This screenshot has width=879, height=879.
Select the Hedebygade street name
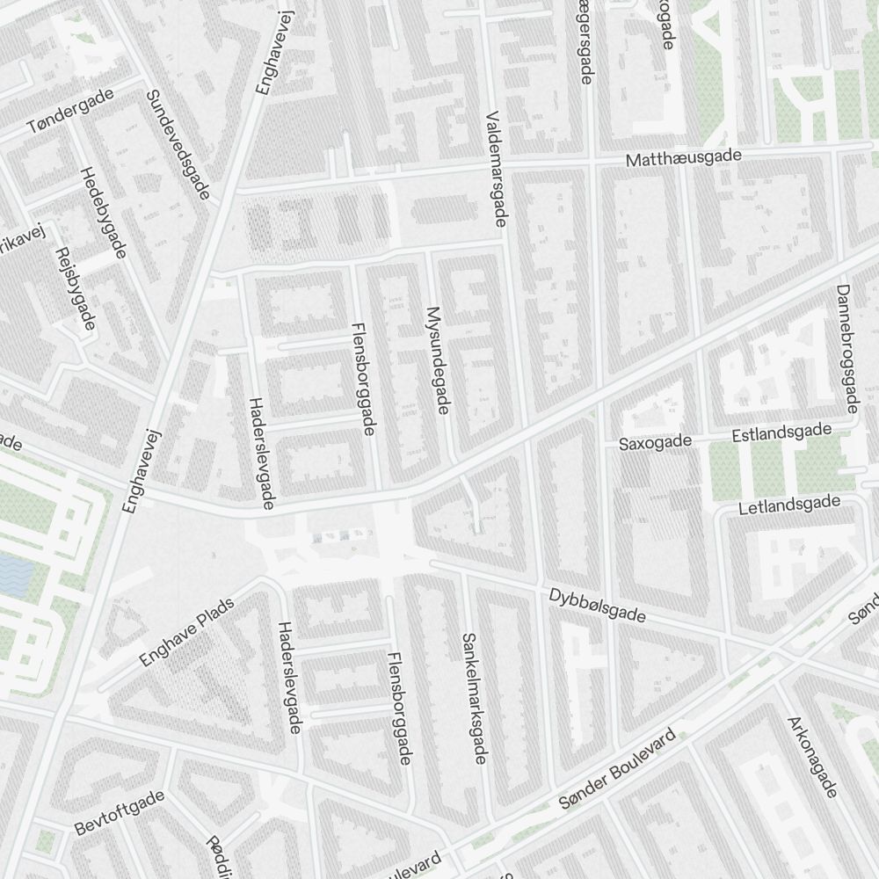[x=104, y=212]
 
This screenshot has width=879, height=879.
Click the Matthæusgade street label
[x=683, y=158]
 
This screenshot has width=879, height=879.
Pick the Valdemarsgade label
[x=496, y=168]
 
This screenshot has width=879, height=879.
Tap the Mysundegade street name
[x=437, y=360]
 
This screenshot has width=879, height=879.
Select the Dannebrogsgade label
[x=846, y=348]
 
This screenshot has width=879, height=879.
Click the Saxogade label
[x=655, y=443]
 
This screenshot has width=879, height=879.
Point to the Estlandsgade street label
[x=781, y=433]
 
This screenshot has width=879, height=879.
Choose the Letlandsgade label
[x=788, y=506]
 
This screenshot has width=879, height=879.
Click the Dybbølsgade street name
[x=597, y=606]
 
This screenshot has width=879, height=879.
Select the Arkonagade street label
[x=813, y=757]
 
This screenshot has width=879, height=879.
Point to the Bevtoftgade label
[x=120, y=813]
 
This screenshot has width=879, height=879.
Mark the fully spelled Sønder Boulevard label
[x=620, y=769]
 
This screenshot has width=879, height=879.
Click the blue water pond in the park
[x=15, y=572]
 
